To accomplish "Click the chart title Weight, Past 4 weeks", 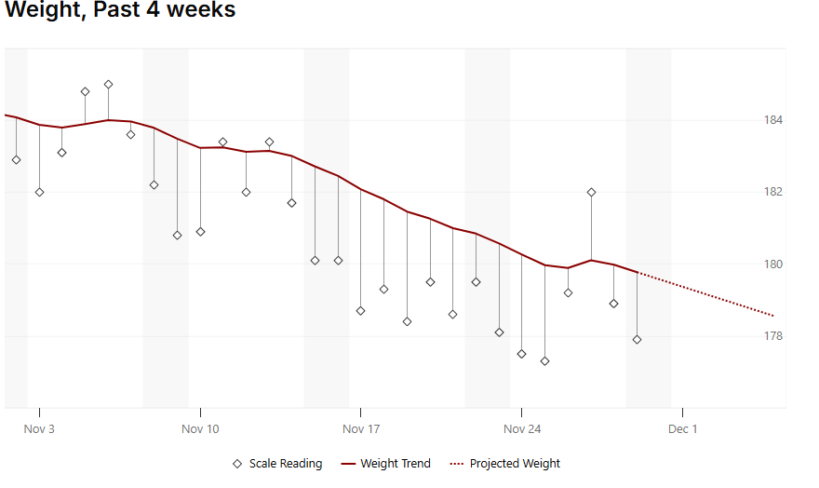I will point(120,11).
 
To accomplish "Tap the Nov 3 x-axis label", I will point(39,429).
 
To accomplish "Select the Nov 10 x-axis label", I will point(200,429).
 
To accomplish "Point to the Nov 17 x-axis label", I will point(361,429).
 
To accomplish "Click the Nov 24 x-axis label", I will point(522,429).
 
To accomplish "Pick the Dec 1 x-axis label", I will point(682,429).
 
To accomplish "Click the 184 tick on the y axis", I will point(773,120).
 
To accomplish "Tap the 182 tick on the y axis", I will point(773,192).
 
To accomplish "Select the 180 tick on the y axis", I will point(773,264).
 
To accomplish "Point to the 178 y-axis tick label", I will point(773,336).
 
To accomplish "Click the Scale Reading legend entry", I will point(277,464).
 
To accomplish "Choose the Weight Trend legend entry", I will point(386,464).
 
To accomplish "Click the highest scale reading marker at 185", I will point(108,85).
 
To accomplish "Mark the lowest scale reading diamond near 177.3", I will point(545,361).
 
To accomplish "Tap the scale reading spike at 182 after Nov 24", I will point(591,193).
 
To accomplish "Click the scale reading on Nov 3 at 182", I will point(39,193).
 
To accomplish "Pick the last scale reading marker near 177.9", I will point(637,340).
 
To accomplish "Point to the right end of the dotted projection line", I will point(773,315).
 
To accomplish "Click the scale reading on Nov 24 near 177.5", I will point(522,354).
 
